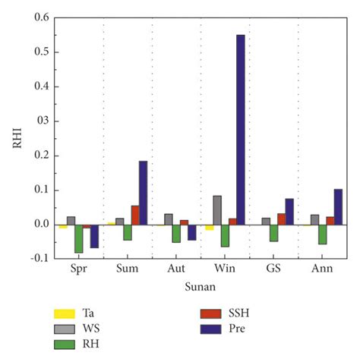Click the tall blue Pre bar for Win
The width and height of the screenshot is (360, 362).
(241, 129)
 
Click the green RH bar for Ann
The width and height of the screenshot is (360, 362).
(322, 234)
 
